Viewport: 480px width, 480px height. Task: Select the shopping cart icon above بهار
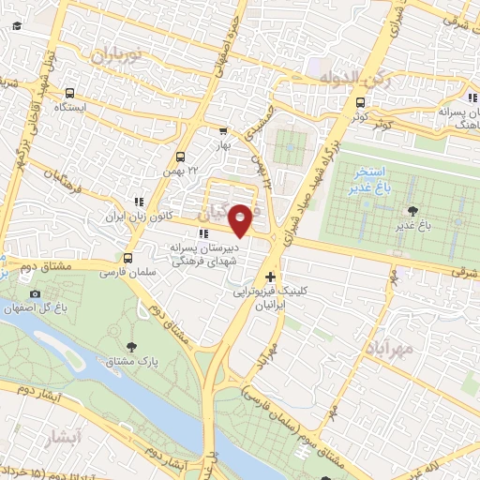tap(222, 131)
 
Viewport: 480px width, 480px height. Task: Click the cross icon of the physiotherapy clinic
tap(271, 277)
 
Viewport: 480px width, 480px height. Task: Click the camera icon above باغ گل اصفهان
tap(36, 293)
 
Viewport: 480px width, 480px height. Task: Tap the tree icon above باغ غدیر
tap(412, 211)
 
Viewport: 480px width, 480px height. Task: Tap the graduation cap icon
tap(17, 26)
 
